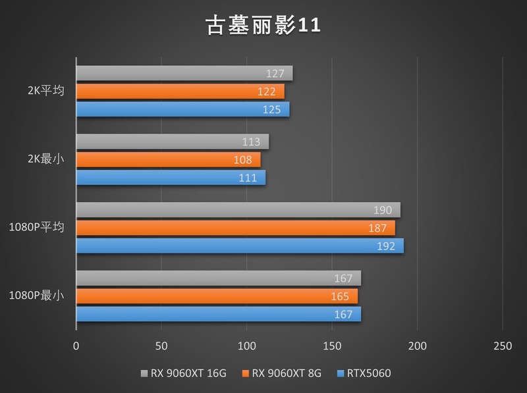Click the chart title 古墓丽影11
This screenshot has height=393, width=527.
pos(263,26)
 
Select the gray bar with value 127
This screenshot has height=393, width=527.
pos(184,73)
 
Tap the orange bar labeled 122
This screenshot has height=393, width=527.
pos(180,92)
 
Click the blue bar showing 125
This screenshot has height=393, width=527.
pos(182,109)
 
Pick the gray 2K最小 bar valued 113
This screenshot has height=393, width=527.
pos(173,142)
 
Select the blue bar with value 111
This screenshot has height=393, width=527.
pos(171,178)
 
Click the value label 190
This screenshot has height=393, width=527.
pos(383,210)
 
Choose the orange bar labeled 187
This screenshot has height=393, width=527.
pos(236,228)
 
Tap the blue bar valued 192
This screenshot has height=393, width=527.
pos(240,246)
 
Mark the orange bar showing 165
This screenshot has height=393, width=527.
pos(217,296)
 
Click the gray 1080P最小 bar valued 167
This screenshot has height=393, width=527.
pos(219,278)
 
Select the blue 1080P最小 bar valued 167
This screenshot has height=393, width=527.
pos(219,314)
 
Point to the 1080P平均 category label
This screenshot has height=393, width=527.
pos(37,228)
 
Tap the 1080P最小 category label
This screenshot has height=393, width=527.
pos(37,296)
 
